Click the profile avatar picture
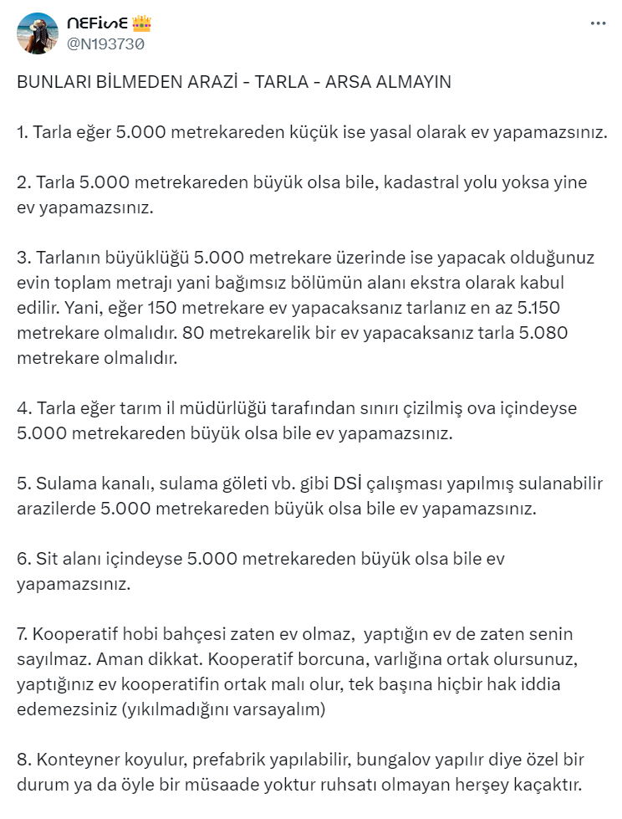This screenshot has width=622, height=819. click(x=38, y=33)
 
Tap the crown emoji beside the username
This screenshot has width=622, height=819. click(x=141, y=23)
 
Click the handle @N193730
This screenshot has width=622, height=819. click(x=105, y=44)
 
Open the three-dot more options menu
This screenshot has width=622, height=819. click(x=598, y=23)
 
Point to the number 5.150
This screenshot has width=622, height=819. click(x=547, y=308)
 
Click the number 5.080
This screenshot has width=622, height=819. click(x=541, y=333)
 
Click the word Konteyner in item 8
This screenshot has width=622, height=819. click(x=71, y=760)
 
